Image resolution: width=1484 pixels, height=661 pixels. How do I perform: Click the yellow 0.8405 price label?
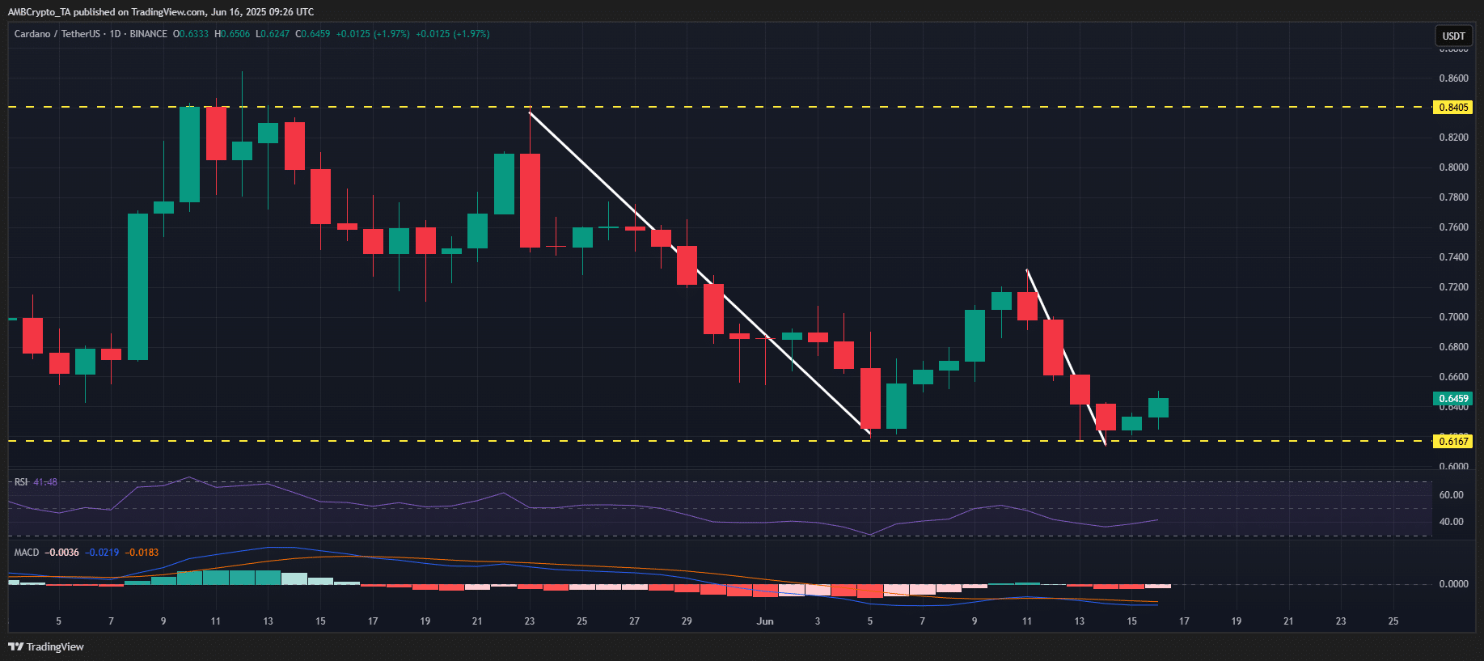pos(1452,108)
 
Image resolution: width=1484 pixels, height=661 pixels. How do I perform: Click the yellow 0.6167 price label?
pos(1452,442)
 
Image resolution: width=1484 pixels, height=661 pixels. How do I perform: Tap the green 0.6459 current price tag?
pos(1452,399)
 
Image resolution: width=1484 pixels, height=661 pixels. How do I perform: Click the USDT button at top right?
pos(1453,36)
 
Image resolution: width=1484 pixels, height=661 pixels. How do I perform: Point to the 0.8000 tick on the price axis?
pos(1453,167)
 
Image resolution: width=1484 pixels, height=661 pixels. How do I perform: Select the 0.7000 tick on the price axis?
pos(1453,317)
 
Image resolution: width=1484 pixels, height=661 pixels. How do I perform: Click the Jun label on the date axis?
pos(765,621)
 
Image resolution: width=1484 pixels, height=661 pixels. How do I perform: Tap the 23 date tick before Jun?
pos(530,621)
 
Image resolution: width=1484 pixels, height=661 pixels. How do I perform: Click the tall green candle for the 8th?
pos(137,286)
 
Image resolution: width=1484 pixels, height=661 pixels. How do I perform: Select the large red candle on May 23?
pos(530,201)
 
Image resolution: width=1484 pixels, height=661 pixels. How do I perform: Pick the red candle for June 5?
pos(870,398)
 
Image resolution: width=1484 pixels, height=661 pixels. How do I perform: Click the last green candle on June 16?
pos(1158,407)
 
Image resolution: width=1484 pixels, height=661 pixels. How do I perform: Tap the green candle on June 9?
pos(975,336)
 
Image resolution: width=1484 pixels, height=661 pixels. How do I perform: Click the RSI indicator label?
pos(21,482)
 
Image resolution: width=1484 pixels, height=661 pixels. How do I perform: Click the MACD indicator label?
pos(27,553)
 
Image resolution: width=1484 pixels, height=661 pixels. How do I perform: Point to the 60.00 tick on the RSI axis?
pos(1451,495)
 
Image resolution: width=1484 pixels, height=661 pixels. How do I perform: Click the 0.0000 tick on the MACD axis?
pos(1453,584)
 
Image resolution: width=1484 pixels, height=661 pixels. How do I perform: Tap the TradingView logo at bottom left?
pos(46,646)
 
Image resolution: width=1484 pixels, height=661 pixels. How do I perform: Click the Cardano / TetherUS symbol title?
pos(57,34)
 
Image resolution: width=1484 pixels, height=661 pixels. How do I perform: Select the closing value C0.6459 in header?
pos(313,34)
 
